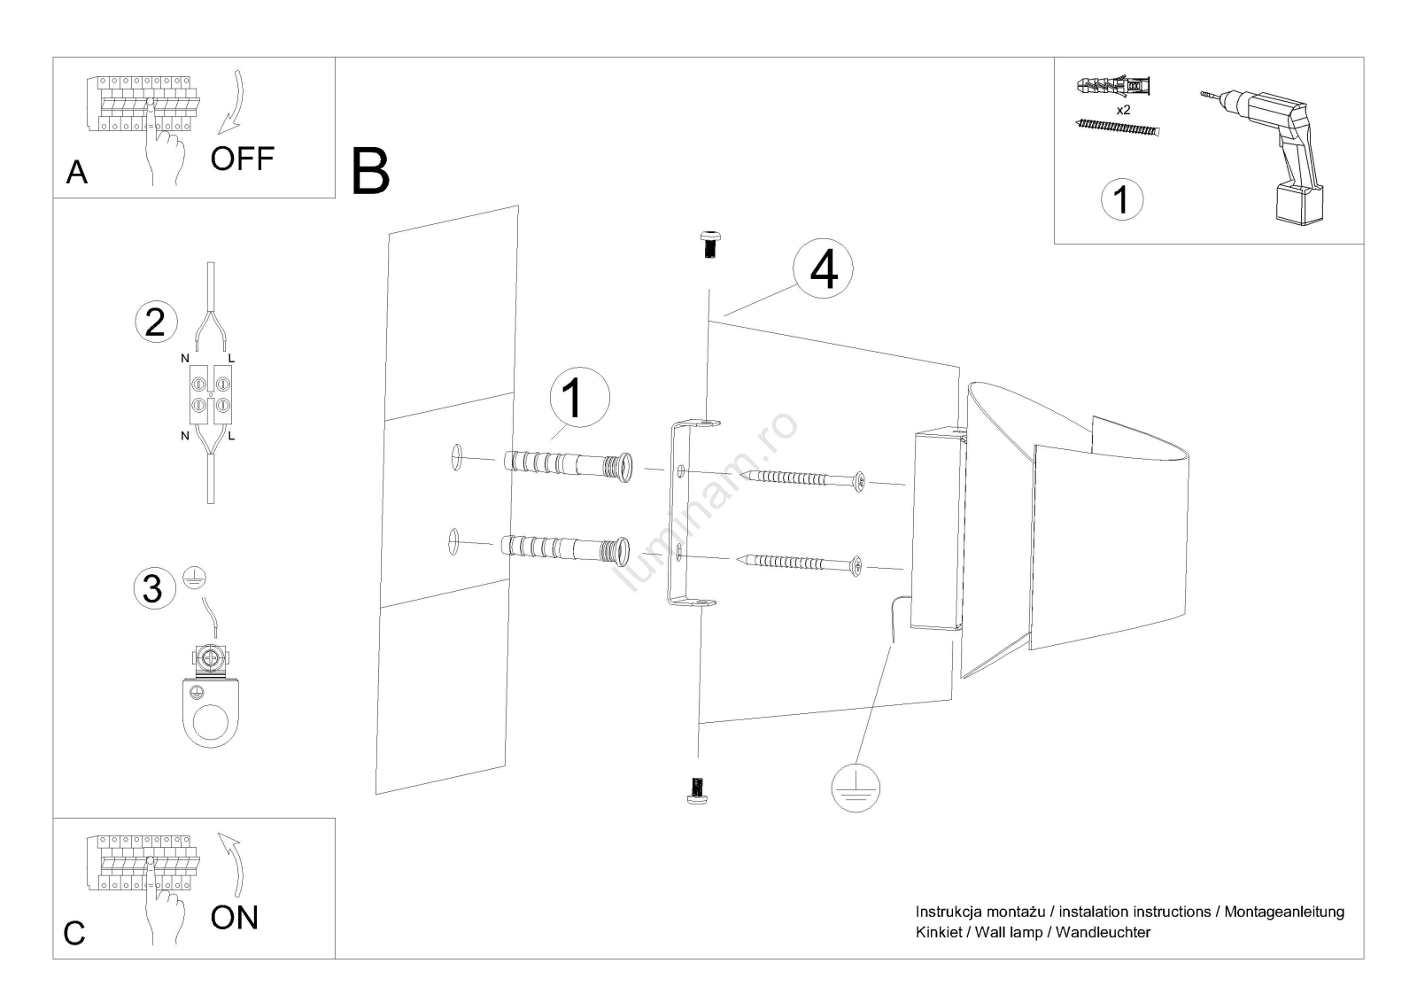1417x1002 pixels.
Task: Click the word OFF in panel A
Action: click(242, 159)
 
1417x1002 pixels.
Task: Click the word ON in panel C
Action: click(234, 917)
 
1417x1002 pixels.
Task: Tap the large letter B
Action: click(370, 171)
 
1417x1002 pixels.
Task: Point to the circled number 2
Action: click(156, 322)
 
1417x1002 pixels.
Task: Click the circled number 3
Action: click(153, 588)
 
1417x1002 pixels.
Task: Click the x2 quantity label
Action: click(1123, 111)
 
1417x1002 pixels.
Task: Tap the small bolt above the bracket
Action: click(708, 243)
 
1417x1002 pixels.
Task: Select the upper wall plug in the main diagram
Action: click(568, 465)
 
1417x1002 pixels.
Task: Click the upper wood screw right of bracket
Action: click(805, 479)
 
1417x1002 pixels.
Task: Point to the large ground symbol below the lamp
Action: click(856, 787)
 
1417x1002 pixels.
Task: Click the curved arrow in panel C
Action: click(231, 864)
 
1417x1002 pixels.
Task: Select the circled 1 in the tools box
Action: click(1122, 199)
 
